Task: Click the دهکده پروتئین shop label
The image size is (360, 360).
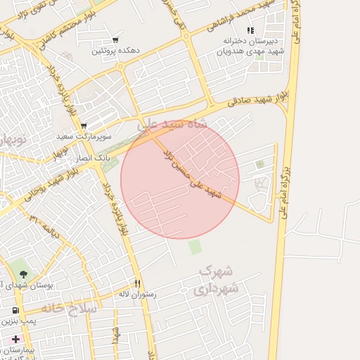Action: [x=115, y=51]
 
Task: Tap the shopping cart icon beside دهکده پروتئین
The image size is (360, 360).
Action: [x=115, y=39]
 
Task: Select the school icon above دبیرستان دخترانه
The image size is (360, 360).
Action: [x=250, y=30]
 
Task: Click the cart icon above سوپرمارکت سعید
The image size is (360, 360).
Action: [x=84, y=125]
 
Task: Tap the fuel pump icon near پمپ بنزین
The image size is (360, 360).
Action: [x=16, y=310]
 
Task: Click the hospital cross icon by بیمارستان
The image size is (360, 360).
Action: [x=16, y=339]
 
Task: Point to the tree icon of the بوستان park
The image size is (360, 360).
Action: [x=25, y=274]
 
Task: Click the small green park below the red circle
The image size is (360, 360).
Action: [x=195, y=247]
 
